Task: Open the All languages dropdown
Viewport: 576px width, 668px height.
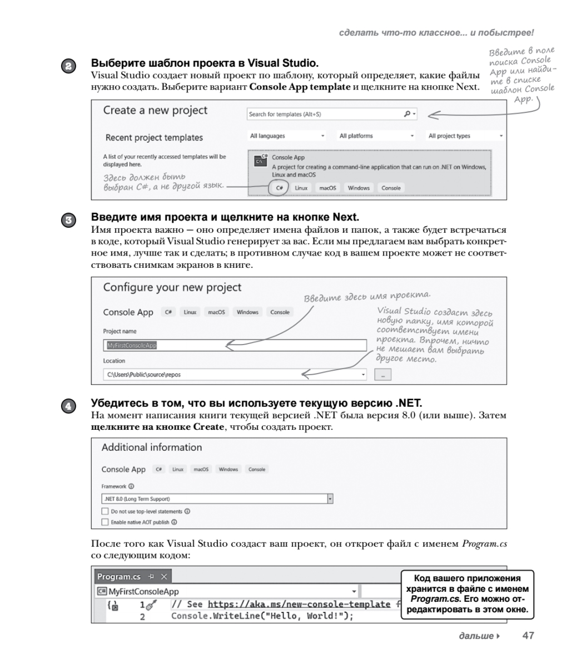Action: coord(287,136)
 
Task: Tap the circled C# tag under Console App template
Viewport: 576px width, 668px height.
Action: coord(279,188)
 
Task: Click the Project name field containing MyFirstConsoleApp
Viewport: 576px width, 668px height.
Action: coord(234,345)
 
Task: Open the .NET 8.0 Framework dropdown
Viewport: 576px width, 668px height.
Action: coord(217,499)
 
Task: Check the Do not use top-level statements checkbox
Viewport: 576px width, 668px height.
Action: coord(105,511)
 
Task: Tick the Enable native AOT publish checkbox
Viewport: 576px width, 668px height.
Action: coord(105,522)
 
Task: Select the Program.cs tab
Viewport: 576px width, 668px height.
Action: coord(119,577)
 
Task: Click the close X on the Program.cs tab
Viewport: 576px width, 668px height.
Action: coord(164,577)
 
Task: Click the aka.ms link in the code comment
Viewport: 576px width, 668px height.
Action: coord(299,604)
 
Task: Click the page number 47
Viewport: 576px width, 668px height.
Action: coord(528,636)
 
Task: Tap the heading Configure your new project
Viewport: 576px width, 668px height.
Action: coord(172,288)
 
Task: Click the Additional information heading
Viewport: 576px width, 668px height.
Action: coord(152,448)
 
